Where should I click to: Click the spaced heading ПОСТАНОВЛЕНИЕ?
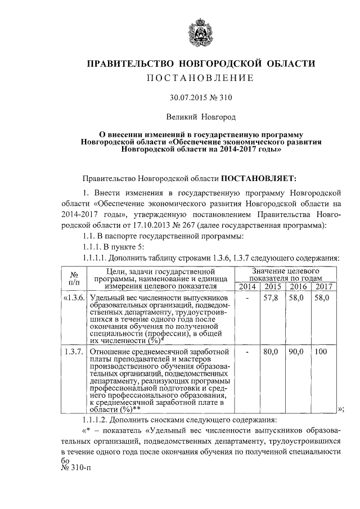200,77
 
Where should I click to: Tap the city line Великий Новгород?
201,118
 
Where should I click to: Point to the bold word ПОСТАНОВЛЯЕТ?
258,179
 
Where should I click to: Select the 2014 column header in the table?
247,287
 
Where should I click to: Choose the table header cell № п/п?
73,278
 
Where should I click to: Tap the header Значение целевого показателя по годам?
285,274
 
